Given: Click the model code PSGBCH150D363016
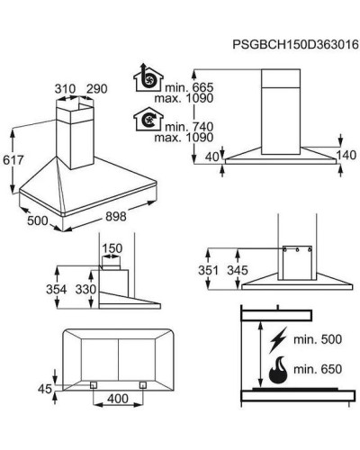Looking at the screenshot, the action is pos(296,44).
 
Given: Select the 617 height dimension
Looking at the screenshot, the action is pos(13,160).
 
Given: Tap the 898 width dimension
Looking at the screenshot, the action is pos(116,216).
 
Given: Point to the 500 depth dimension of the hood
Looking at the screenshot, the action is pos(38,220).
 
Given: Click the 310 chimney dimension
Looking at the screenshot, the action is pos(65,89).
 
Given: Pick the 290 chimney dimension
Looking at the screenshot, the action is pos(96,89).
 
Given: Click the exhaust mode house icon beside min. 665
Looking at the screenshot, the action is pos(148,77).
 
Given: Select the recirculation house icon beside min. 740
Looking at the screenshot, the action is pos(148,119).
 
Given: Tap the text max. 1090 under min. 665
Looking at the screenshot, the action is pos(184,98).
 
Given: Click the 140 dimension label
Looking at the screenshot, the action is pos(346,155).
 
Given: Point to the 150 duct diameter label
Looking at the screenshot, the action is pos(112,248).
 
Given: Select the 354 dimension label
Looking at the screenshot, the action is pos(57,290).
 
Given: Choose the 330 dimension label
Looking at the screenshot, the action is pos(85,290).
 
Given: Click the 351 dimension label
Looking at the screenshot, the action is pos(208,270).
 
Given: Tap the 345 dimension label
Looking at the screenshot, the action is pos(238,270).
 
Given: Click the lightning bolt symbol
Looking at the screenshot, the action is pos(278,340).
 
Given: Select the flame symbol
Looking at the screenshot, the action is pos(278,371).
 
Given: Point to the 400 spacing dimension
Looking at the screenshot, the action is pos(118,399).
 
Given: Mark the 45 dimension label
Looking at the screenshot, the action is pos(45,389).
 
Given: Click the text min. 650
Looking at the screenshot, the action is pos(318,369).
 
